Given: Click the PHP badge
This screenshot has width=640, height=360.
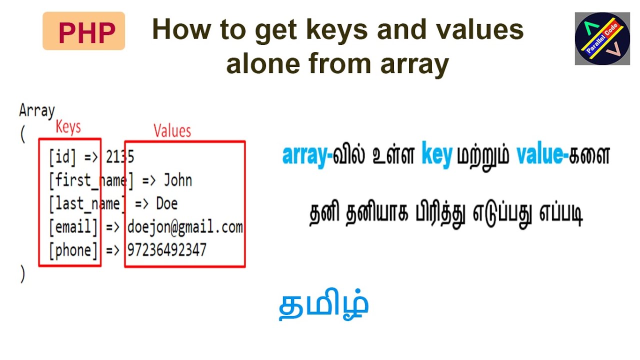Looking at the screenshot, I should [83, 31].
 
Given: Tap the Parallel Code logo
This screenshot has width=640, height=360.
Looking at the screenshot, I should [602, 38].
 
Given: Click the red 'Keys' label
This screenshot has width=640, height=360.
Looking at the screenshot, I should [68, 127].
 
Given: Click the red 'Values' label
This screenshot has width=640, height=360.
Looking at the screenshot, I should [172, 131].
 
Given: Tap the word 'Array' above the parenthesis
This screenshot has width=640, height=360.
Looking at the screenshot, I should [36, 110].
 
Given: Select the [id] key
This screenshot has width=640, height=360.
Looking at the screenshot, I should [62, 157].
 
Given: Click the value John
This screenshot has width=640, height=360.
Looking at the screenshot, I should [178, 180].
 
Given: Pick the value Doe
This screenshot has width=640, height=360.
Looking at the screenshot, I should [166, 203].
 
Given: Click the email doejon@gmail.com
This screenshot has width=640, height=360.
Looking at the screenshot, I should [184, 227].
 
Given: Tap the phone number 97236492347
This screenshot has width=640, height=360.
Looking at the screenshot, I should [166, 250].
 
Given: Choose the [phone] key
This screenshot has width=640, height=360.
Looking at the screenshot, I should [73, 250].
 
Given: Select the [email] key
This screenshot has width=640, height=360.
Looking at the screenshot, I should [73, 227].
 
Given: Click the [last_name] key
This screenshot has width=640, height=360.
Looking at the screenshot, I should [85, 203].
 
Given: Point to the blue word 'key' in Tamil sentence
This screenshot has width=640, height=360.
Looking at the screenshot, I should [437, 155].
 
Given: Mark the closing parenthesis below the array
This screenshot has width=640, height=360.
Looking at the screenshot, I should [22, 274].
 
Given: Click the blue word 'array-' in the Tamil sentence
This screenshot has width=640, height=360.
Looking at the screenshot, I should [307, 155].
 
